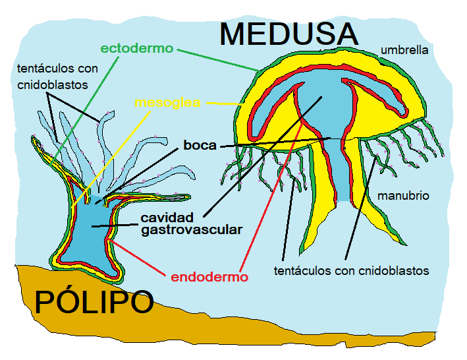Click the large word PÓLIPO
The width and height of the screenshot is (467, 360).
coord(94,302)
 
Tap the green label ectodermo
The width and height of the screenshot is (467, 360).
coord(136,48)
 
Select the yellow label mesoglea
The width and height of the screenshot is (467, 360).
coord(167,103)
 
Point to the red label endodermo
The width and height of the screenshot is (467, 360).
coord(209,277)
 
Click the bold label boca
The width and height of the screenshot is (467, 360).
coord(200,145)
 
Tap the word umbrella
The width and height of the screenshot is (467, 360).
coord(404,49)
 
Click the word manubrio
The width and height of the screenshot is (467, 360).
coord(403,195)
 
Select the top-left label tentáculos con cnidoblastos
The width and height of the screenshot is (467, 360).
coord(57,75)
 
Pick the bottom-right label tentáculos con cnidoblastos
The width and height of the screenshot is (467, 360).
coord(351,270)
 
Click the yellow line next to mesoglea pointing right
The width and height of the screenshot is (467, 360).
coord(224,104)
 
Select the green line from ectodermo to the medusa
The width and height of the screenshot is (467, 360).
coord(217,59)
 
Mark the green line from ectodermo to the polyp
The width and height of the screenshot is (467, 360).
coord(86,105)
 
